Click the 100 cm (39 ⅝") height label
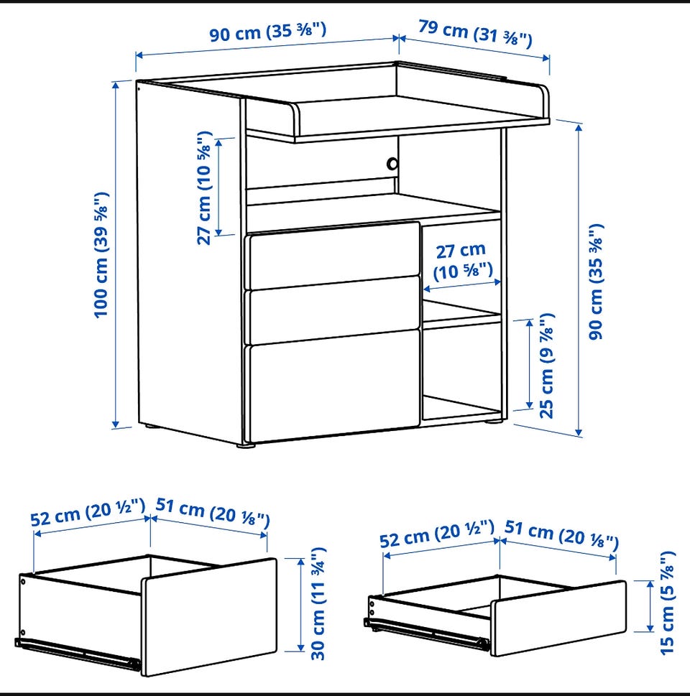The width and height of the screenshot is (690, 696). (x=101, y=254)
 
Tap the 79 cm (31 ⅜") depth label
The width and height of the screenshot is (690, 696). (x=475, y=33)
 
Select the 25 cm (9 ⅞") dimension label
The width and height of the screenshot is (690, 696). (x=547, y=366)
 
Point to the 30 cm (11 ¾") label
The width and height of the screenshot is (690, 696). (x=318, y=603)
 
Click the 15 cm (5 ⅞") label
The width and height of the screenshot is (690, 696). (x=667, y=603)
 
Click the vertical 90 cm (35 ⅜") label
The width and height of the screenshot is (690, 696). (x=597, y=282)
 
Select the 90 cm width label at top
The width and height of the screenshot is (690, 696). (x=268, y=32)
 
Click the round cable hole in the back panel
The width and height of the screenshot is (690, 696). (x=392, y=164)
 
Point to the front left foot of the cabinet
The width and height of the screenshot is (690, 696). (x=246, y=445)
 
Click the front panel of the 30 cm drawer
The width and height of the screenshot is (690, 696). (x=209, y=617)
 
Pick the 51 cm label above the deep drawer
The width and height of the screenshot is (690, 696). (x=213, y=513)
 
